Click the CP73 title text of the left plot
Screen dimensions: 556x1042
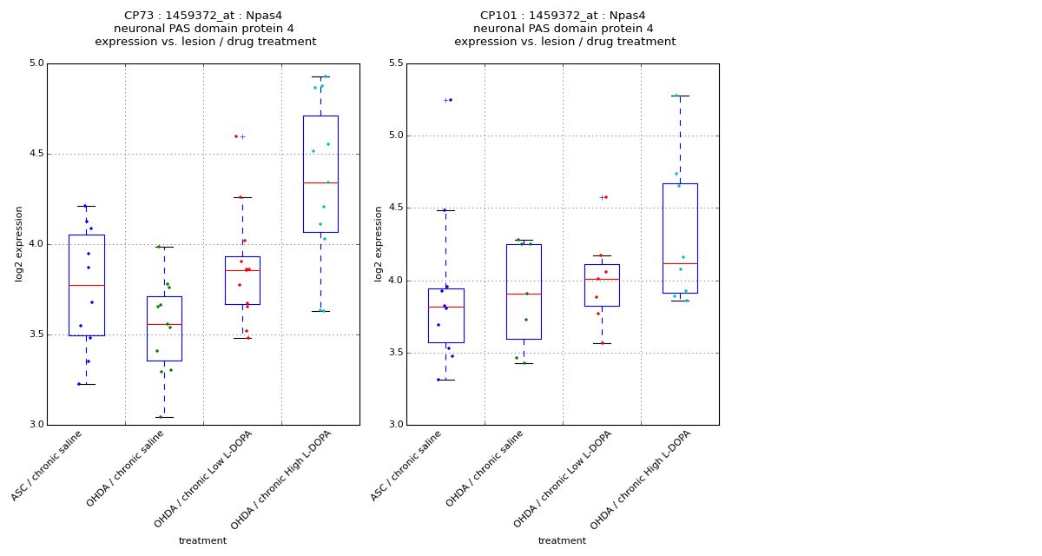pos(203,16)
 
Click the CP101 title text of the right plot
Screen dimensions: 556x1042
pos(563,16)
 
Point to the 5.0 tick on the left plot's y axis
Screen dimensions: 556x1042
pos(36,63)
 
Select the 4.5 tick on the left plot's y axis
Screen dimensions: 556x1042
pos(36,154)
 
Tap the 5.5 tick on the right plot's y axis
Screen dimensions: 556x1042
pos(395,63)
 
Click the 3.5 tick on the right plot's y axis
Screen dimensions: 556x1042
pos(395,353)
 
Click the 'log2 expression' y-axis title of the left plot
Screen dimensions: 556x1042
pos(19,243)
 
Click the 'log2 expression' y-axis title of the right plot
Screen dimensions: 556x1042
pos(379,243)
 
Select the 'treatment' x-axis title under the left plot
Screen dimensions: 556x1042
pos(202,541)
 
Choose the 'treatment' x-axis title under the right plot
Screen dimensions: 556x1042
pos(562,541)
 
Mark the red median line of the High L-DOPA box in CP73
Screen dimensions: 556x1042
pos(320,182)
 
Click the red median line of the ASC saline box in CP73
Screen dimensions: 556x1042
pos(86,285)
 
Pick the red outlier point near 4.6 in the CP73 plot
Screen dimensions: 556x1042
pos(236,136)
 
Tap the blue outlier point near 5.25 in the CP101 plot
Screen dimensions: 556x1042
pos(451,100)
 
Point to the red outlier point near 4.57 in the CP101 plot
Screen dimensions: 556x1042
pos(606,197)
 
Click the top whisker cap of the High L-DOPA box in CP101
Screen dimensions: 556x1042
pos(680,96)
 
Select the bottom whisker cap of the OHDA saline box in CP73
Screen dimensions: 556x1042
pos(164,417)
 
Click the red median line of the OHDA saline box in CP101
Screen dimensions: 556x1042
pos(524,294)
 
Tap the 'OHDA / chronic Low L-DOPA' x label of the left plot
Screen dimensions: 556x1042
pos(205,478)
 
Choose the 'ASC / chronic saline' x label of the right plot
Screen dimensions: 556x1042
pos(407,465)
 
